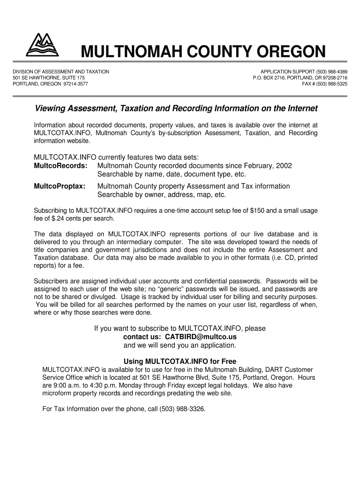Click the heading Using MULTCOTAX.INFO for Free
pos(180,361)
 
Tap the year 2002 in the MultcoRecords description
pos(284,166)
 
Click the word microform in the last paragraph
pos(57,393)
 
